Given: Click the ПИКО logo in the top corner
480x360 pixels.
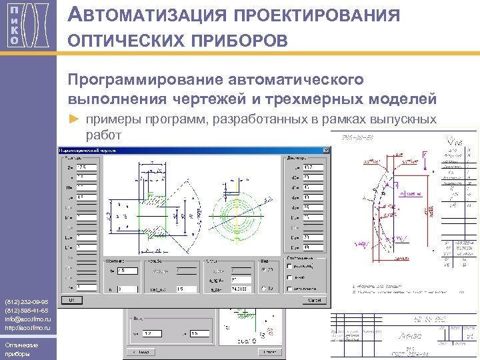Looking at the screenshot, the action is (x=23, y=25).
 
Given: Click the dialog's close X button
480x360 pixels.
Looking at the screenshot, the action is (x=325, y=151).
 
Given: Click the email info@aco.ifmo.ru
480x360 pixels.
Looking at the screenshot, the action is (x=25, y=318).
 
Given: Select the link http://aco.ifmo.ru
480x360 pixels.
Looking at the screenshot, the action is (x=24, y=327).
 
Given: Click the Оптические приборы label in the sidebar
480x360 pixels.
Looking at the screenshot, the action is (x=20, y=349).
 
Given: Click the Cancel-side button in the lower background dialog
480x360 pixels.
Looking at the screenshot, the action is (x=198, y=333).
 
